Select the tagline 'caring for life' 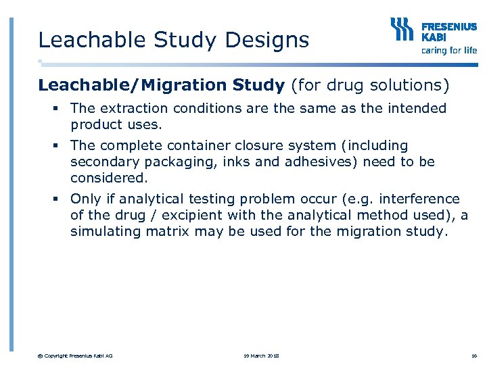tap(448, 50)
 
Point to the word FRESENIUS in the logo tap(448, 27)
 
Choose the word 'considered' tap(107, 178)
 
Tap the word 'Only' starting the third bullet tap(85, 199)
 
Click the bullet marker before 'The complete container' tap(60, 145)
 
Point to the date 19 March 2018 tap(262, 356)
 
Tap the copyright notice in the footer tap(75, 356)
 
